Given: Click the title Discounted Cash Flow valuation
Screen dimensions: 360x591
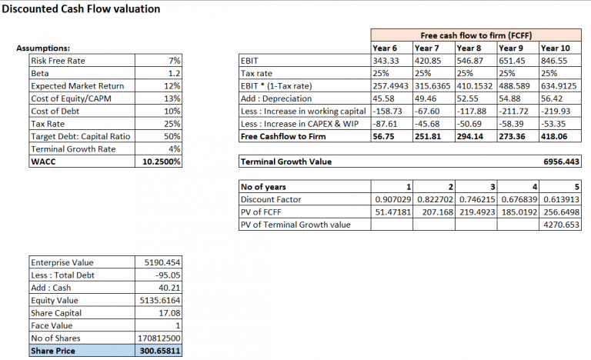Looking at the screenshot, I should [81, 9].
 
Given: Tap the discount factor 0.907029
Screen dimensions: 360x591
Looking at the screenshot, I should [392, 200].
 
